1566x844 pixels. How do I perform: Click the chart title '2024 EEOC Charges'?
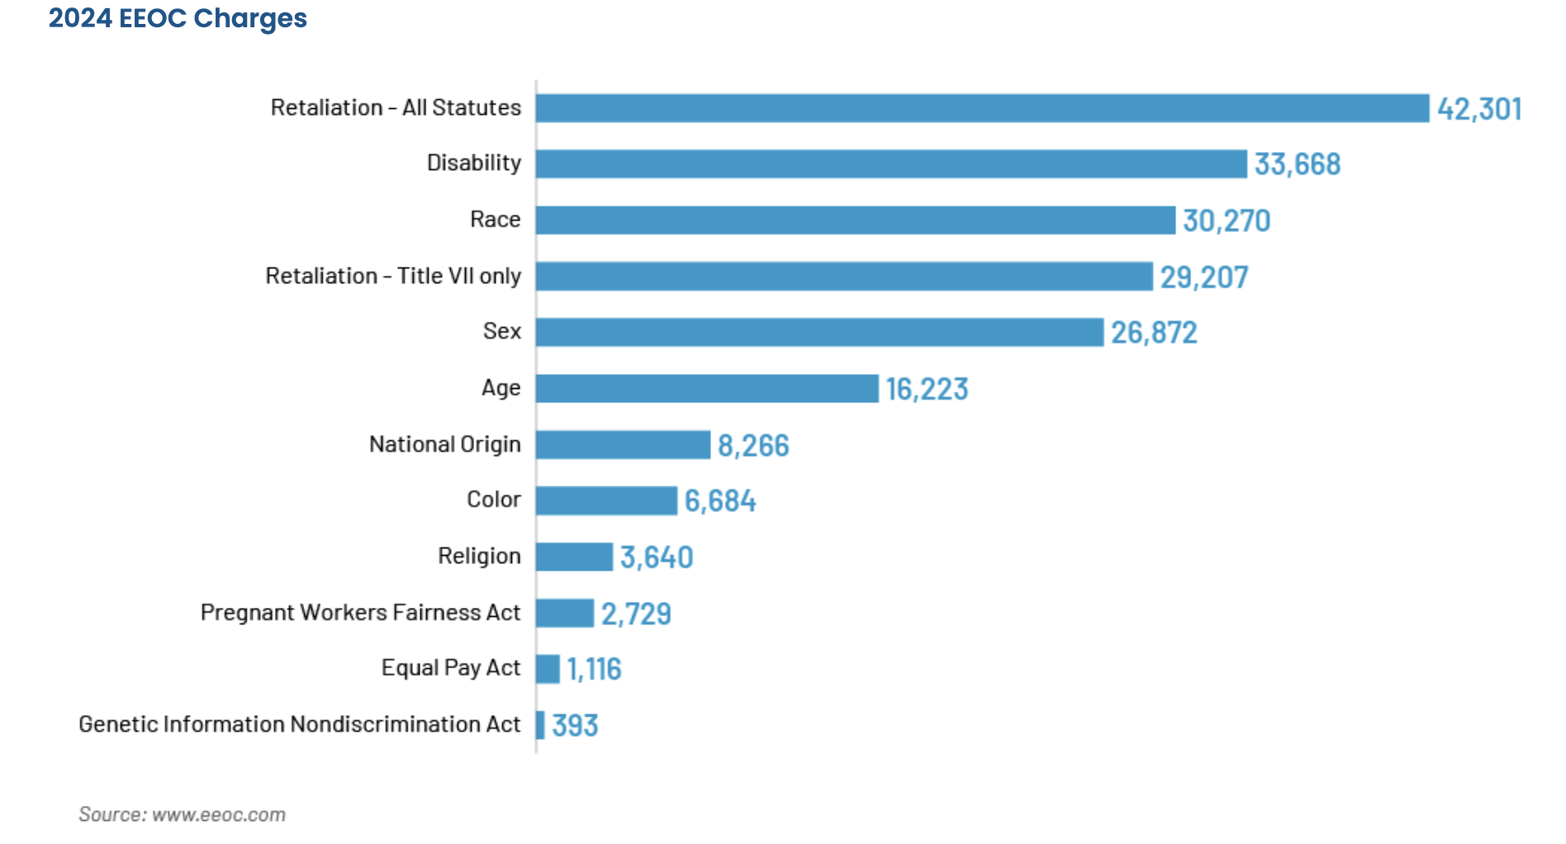(x=178, y=18)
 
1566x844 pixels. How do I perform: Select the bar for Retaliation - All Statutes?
(x=982, y=108)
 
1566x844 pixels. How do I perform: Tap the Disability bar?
(x=891, y=164)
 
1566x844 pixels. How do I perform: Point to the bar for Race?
(x=855, y=220)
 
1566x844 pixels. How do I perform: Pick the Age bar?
(x=707, y=388)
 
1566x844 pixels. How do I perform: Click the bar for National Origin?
(x=623, y=444)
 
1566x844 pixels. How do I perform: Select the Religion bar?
(x=574, y=557)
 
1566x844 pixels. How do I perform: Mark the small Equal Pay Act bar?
(x=548, y=669)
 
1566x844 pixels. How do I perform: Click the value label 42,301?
(x=1479, y=109)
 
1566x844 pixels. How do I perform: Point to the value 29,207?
(x=1203, y=277)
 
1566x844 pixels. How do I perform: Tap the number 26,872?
(x=1154, y=333)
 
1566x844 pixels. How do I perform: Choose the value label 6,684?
(x=720, y=501)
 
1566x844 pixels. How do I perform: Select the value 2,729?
(x=636, y=614)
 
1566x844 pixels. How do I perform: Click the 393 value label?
(x=575, y=726)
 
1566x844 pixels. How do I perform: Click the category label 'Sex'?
(x=502, y=331)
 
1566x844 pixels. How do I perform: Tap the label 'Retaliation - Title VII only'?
(x=393, y=276)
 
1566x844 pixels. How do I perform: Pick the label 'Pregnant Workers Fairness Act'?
(x=360, y=613)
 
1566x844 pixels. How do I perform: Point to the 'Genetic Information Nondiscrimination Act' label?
(x=300, y=724)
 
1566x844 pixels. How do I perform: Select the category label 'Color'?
(x=494, y=500)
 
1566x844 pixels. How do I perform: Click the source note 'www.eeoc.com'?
(x=219, y=814)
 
